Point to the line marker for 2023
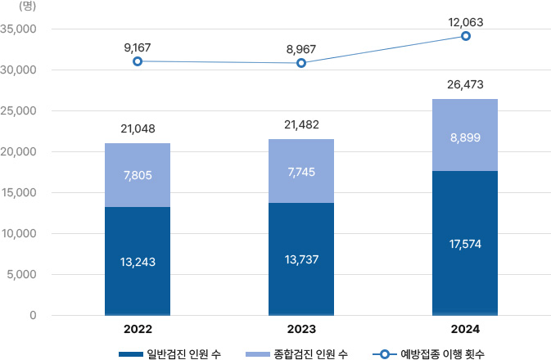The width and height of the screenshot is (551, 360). click(301, 63)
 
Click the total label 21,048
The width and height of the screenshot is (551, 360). click(138, 128)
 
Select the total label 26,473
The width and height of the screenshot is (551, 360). click(465, 83)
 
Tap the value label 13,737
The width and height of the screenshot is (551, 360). click(301, 259)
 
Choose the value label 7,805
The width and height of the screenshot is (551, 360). click(138, 175)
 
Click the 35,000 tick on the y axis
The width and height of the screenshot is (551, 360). click(20, 29)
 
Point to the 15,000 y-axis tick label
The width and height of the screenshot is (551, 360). click(20, 193)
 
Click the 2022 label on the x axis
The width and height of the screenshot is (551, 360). click(138, 331)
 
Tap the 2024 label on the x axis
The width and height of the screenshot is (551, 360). click(465, 331)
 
